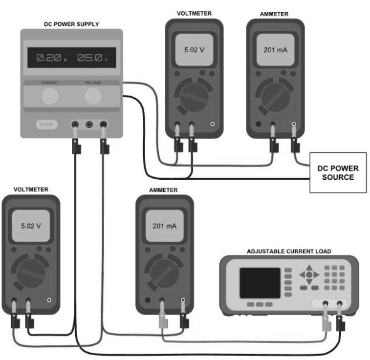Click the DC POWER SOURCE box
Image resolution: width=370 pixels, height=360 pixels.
[338, 173]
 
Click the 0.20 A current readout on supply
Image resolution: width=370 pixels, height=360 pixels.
[49, 58]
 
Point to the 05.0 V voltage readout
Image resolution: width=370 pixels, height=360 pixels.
[91, 58]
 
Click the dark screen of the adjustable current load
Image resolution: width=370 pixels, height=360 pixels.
[260, 283]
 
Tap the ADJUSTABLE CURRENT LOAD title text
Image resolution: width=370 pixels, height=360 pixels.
[289, 251]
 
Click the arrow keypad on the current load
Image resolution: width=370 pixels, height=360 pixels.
[309, 275]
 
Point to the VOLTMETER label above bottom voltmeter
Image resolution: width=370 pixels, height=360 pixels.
[31, 190]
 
